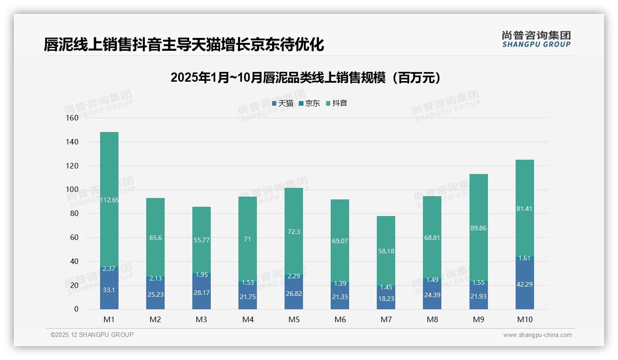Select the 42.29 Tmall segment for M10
524,284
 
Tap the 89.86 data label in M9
478,228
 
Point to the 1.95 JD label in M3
202,275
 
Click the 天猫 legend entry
283,103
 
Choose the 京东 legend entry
309,103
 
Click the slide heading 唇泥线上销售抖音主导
184,45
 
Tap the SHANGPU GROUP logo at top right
536,39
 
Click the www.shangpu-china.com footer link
537,335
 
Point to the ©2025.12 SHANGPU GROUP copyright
92,335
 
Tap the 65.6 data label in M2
155,238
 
